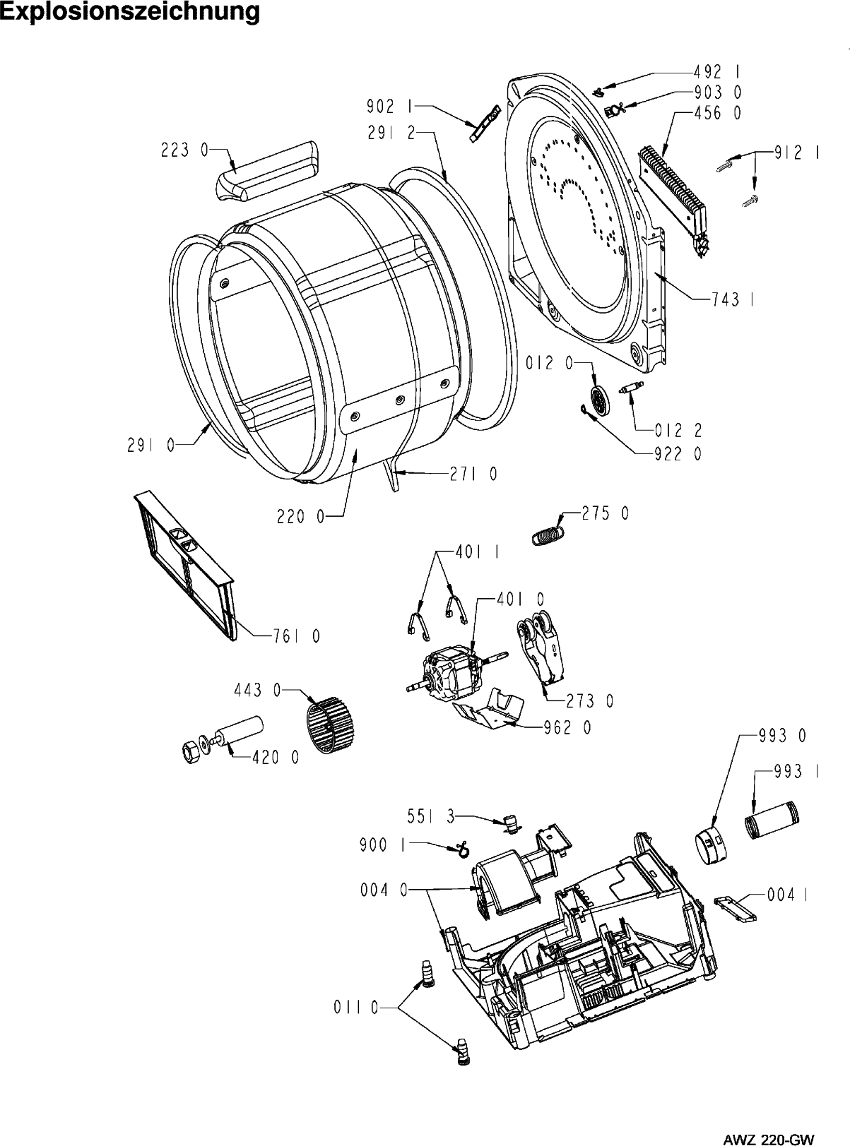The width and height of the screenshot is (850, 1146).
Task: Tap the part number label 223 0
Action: pyautogui.click(x=182, y=150)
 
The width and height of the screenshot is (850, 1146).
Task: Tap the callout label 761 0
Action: pyautogui.click(x=297, y=637)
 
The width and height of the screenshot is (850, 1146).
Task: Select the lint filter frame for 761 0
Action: pyautogui.click(x=184, y=566)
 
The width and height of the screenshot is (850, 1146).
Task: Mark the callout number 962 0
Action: pyautogui.click(x=567, y=727)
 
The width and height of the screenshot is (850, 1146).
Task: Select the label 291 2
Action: pyautogui.click(x=391, y=133)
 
